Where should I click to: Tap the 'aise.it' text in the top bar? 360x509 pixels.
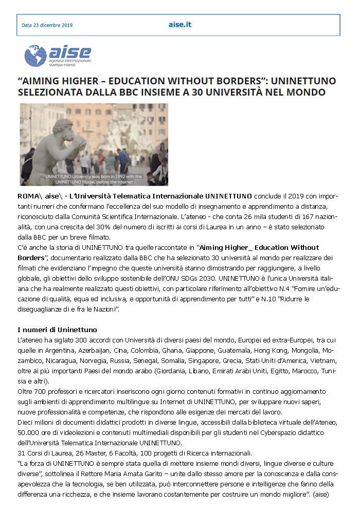click(179, 25)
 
